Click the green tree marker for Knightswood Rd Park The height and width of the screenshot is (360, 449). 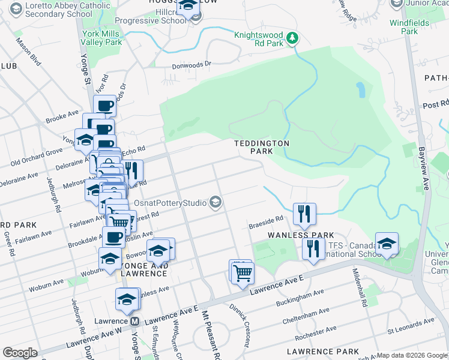pos(292,39)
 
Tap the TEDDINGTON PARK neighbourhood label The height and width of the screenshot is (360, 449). pos(262,148)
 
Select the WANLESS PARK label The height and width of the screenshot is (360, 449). pos(300,235)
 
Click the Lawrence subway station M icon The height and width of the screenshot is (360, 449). pos(136,321)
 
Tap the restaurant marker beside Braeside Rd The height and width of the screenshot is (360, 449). pos(304,214)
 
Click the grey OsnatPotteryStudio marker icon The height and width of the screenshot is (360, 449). pos(215,203)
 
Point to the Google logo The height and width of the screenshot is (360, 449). pos(20,353)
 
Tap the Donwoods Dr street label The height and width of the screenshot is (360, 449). pos(192,65)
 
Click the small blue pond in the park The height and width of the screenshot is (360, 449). pos(360,90)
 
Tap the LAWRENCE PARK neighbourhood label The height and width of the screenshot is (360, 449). pos(322,351)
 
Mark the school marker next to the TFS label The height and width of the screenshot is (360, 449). pos(387,244)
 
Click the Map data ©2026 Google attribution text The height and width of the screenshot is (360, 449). pos(412,355)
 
